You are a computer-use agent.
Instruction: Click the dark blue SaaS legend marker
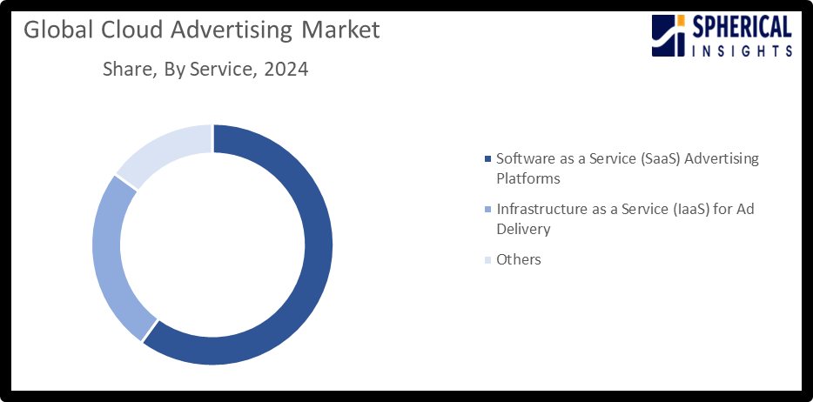(487, 159)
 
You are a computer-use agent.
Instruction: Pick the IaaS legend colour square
(487, 210)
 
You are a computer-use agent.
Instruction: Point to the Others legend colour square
(487, 260)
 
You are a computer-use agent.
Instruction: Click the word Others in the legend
(518, 259)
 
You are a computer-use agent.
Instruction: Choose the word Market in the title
(340, 30)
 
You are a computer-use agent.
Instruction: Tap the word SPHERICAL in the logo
(742, 28)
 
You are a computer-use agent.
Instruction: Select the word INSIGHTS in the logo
(742, 51)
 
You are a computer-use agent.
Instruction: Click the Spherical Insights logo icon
(669, 37)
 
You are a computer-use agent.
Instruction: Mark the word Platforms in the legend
(527, 178)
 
